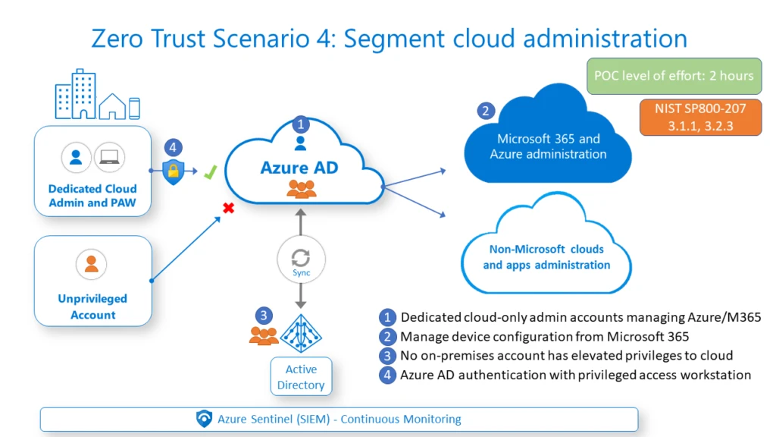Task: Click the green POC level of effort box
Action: point(674,76)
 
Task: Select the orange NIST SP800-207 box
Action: point(700,118)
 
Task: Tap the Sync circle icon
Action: point(301,259)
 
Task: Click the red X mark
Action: point(227,208)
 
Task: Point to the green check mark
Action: point(210,174)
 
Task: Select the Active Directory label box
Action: point(301,377)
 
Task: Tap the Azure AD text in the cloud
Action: point(299,167)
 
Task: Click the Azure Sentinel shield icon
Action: point(204,419)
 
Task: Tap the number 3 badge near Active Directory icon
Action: point(263,315)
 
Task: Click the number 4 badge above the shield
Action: point(174,148)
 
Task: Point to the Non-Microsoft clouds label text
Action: point(546,256)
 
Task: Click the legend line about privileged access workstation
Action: point(574,375)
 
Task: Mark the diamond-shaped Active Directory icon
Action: point(301,333)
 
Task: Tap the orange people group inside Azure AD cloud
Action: point(301,190)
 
